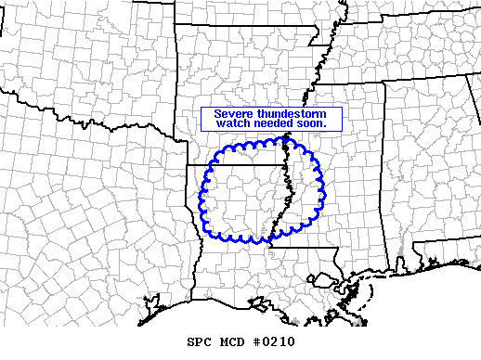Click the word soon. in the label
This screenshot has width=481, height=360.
point(313,124)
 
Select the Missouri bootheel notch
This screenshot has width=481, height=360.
point(320,70)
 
